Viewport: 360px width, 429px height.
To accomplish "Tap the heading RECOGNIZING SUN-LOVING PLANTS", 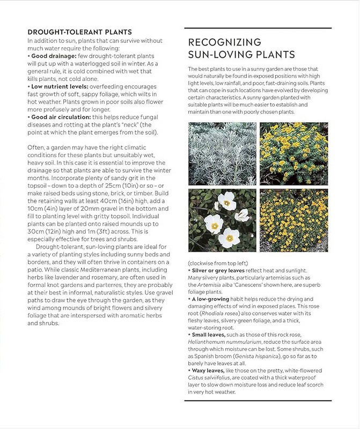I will pyautogui.click(x=241, y=48).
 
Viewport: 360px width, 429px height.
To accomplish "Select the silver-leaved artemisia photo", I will pyautogui.click(x=222, y=154).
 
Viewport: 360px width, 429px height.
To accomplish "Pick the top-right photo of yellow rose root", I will pyautogui.click(x=294, y=154).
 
